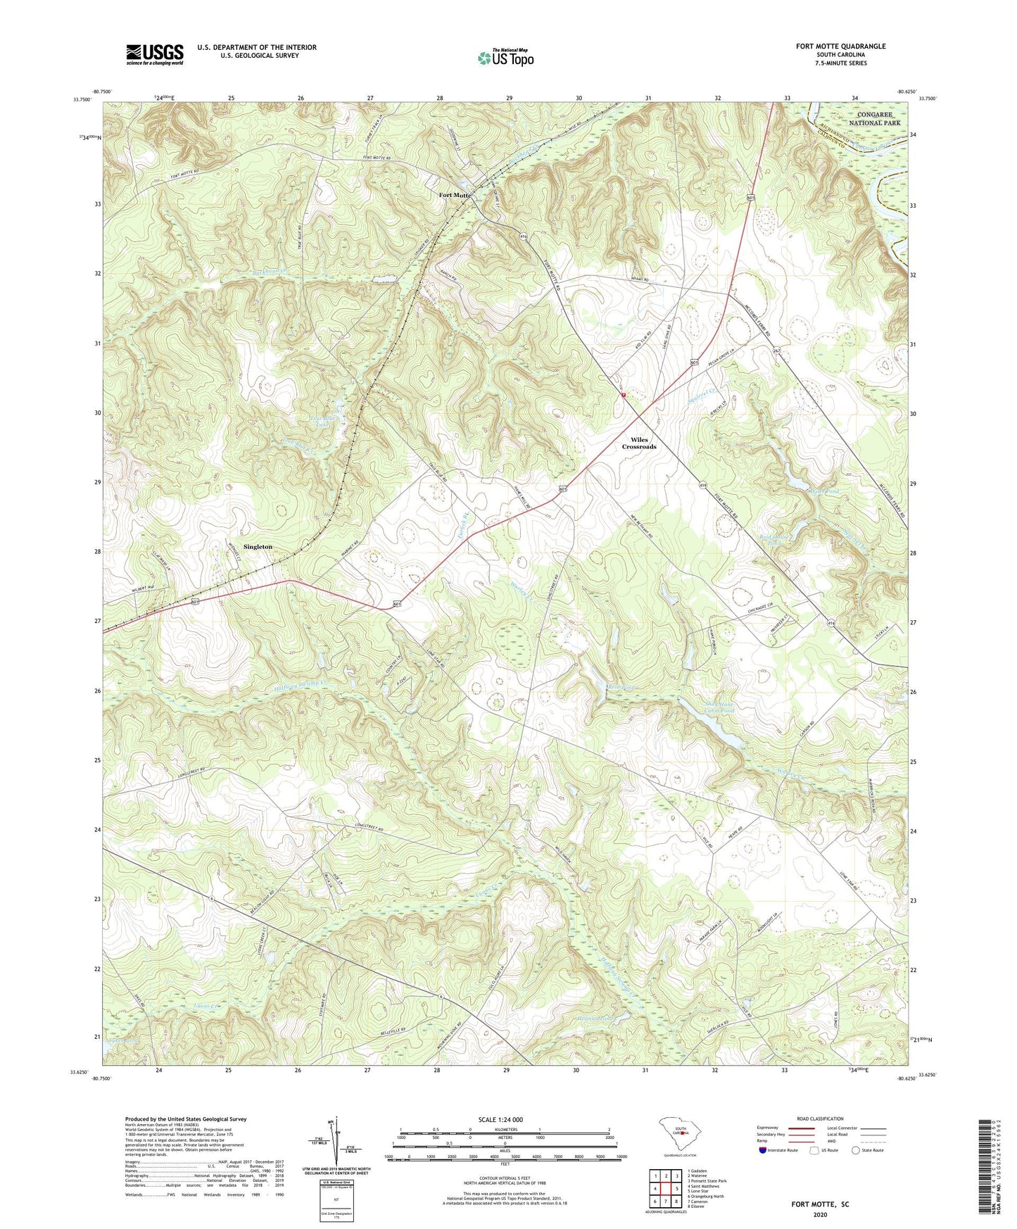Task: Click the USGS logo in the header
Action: [155, 53]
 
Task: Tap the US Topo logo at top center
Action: [505, 58]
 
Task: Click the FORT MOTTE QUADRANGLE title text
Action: [840, 46]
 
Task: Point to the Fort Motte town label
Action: [455, 195]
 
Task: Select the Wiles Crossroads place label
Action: [638, 443]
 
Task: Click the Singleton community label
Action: [258, 547]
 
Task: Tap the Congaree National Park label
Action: [874, 118]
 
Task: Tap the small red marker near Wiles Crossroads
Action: [624, 396]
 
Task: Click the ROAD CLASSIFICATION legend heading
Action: [820, 1118]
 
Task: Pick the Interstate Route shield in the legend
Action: [763, 1150]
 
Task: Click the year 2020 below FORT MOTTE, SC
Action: [820, 1215]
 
